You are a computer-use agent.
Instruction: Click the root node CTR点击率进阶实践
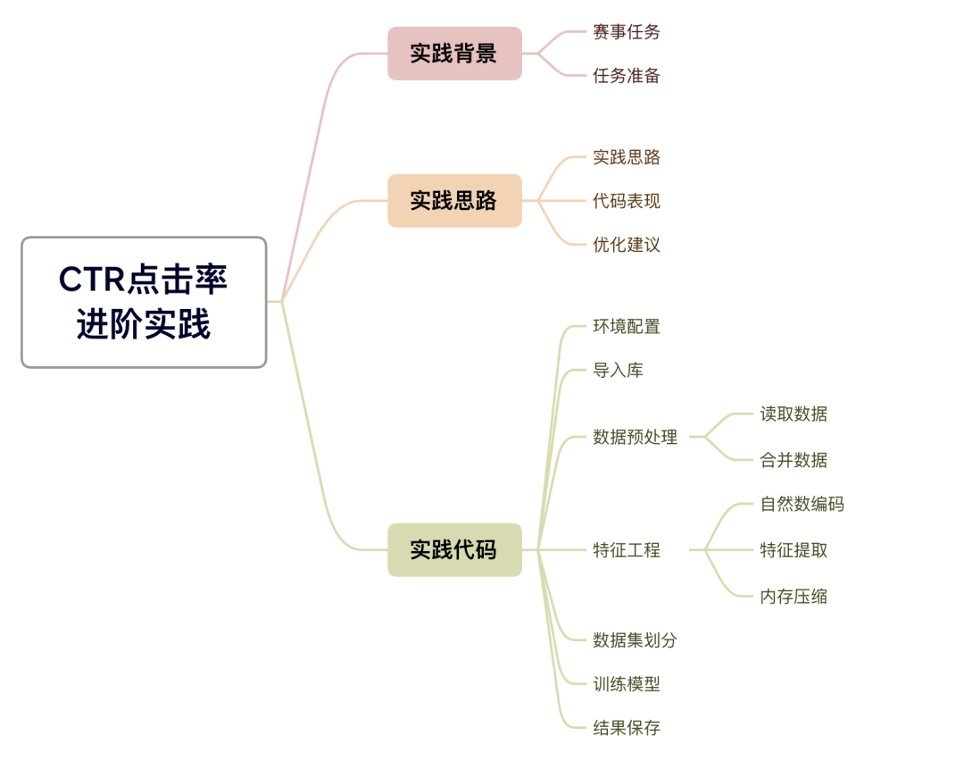click(144, 302)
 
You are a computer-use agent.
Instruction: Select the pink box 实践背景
click(454, 54)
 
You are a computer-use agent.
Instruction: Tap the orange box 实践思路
click(454, 200)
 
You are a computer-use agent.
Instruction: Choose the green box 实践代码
click(454, 549)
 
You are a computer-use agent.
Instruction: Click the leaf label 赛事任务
click(627, 32)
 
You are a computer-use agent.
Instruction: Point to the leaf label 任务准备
click(627, 76)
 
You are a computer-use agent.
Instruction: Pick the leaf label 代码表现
click(627, 201)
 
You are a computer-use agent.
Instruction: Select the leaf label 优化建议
click(627, 245)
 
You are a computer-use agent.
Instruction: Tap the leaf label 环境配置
click(627, 327)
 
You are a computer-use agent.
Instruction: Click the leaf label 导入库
click(618, 371)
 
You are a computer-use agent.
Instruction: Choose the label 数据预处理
click(636, 438)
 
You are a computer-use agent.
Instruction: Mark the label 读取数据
click(794, 414)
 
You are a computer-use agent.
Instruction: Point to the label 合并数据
click(794, 460)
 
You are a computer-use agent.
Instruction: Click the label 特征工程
click(627, 550)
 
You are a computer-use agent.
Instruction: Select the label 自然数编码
click(802, 504)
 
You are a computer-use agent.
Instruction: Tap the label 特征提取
click(794, 550)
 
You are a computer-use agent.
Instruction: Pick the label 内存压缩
click(794, 597)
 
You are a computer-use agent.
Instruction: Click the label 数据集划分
click(636, 640)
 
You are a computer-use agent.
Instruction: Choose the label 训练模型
click(627, 684)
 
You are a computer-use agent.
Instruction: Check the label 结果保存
click(627, 728)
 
